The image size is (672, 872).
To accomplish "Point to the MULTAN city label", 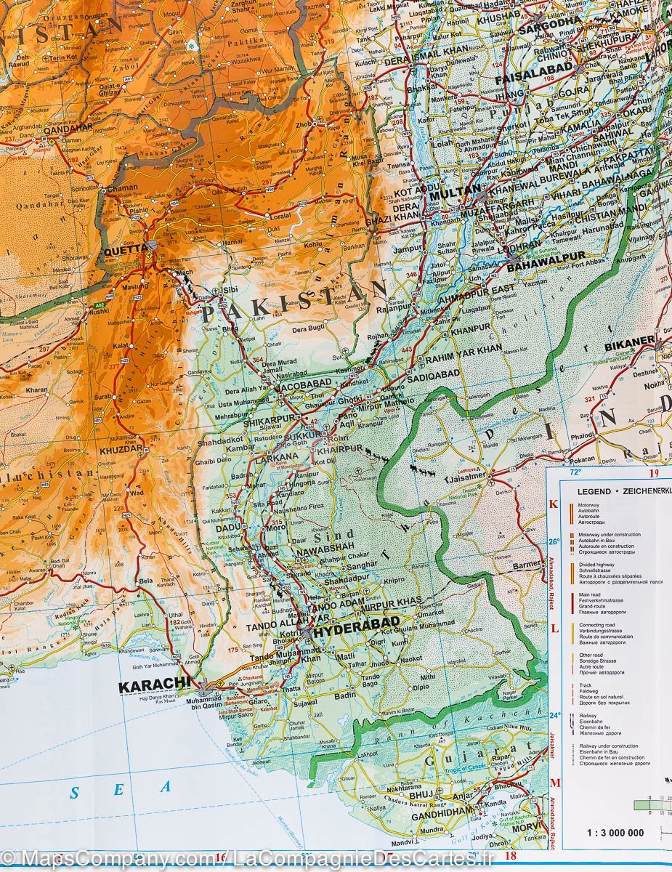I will click(453, 195).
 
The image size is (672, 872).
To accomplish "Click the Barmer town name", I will click(527, 565).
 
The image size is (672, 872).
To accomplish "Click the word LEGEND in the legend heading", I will click(594, 491).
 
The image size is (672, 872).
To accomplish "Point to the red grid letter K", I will click(554, 504).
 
